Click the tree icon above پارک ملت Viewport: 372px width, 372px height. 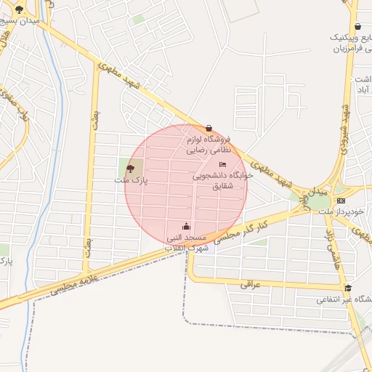point(130,169)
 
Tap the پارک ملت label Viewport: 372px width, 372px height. point(131,179)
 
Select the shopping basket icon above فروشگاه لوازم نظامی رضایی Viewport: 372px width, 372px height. point(209,128)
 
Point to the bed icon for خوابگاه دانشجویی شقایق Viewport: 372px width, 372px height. point(222,165)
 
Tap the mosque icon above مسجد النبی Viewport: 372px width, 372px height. point(187,225)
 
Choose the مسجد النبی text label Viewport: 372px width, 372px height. point(187,238)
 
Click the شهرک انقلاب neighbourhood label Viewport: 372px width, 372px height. point(187,248)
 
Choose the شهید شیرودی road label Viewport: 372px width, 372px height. point(346,124)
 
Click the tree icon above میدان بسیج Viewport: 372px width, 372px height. point(18,10)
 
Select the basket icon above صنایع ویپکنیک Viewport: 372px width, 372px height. point(357,27)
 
